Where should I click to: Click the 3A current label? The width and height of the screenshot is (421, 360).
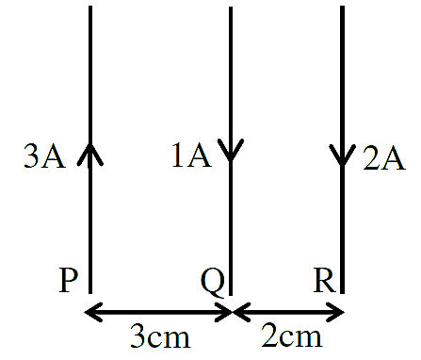(x=44, y=156)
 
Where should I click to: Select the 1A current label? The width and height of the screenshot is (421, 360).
(x=191, y=155)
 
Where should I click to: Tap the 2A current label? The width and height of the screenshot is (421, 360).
(x=384, y=158)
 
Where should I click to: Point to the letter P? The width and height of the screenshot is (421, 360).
(x=68, y=281)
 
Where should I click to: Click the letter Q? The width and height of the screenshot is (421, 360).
(x=213, y=282)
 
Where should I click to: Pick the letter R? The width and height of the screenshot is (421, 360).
(x=325, y=281)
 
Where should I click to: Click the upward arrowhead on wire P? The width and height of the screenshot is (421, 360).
(x=90, y=154)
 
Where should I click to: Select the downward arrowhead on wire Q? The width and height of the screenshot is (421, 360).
(x=231, y=150)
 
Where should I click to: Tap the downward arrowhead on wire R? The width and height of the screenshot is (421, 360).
(x=342, y=155)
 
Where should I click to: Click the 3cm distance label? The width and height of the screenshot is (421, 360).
(x=160, y=335)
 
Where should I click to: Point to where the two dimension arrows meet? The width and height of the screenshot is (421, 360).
(x=233, y=312)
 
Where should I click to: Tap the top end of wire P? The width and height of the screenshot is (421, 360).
(x=90, y=7)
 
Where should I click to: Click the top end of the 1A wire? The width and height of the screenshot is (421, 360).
(x=231, y=7)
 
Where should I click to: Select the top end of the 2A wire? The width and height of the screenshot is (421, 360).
(x=342, y=7)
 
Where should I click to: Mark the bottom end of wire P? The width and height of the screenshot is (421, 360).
(x=90, y=293)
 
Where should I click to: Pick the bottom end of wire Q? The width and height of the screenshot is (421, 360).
(x=231, y=295)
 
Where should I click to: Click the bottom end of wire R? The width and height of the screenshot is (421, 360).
(x=342, y=293)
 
